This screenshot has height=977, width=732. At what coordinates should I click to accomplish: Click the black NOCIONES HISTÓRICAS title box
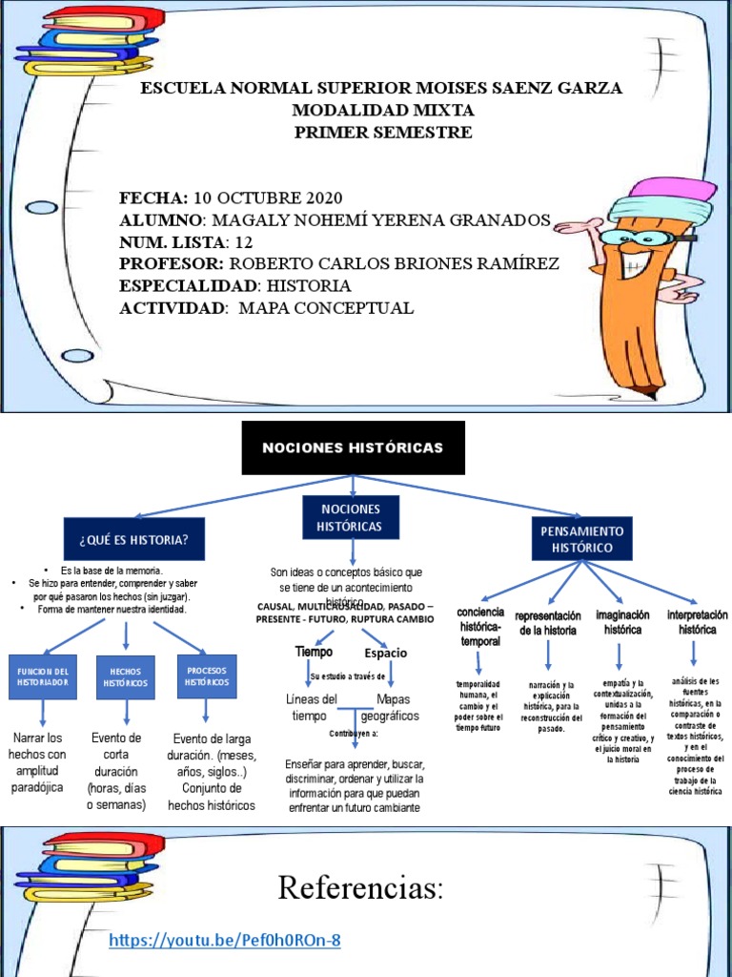click(353, 447)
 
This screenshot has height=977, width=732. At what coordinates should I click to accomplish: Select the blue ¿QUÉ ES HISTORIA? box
click(134, 540)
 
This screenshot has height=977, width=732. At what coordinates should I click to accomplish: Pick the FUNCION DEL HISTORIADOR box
click(41, 676)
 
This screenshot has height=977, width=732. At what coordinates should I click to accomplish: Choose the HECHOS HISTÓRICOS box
click(125, 676)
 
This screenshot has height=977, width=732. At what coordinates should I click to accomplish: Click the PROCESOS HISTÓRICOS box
click(206, 676)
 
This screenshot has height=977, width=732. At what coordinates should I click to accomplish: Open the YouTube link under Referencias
click(225, 941)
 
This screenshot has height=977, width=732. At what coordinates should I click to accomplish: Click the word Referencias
click(361, 888)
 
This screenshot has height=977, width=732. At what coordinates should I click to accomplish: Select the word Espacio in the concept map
click(386, 653)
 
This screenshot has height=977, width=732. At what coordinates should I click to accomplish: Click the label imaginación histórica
click(622, 622)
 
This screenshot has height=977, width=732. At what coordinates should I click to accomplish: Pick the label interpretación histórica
click(697, 622)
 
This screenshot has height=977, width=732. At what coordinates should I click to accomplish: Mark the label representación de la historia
click(548, 623)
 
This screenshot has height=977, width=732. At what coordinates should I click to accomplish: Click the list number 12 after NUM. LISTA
click(244, 241)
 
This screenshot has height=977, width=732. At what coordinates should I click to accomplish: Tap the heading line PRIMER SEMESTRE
click(382, 133)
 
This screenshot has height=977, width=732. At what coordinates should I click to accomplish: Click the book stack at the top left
click(90, 40)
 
